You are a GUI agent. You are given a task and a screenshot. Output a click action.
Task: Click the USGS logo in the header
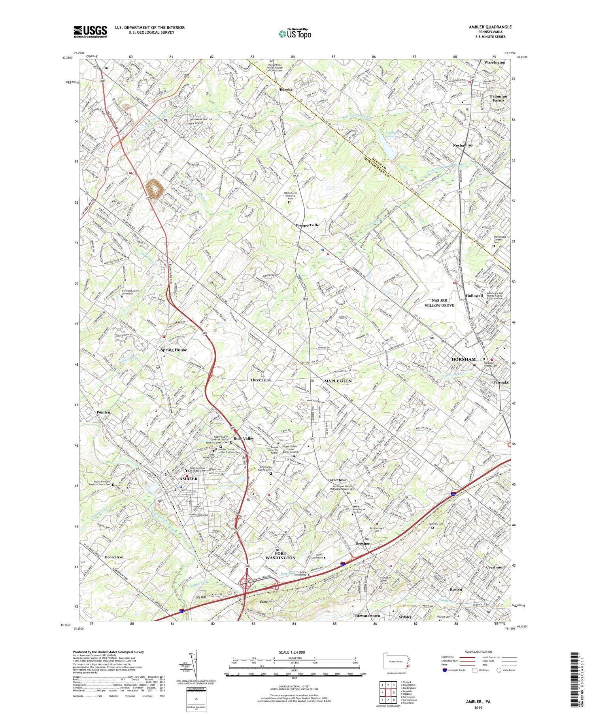90,32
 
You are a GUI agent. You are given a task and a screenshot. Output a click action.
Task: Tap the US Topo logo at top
295,34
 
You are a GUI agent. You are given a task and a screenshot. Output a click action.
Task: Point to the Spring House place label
174,350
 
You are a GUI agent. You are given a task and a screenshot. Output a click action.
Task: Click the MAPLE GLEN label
338,381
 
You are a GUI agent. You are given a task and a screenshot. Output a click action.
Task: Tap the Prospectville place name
308,225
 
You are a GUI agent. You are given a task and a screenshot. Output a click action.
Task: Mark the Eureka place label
286,90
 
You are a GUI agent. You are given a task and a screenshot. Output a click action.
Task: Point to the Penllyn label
103,412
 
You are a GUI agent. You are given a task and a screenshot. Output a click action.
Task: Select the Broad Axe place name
114,557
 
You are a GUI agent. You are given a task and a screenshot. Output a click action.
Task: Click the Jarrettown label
337,480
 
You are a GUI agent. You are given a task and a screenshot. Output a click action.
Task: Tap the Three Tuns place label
260,380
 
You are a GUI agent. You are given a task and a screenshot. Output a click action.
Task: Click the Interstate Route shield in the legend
444,670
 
